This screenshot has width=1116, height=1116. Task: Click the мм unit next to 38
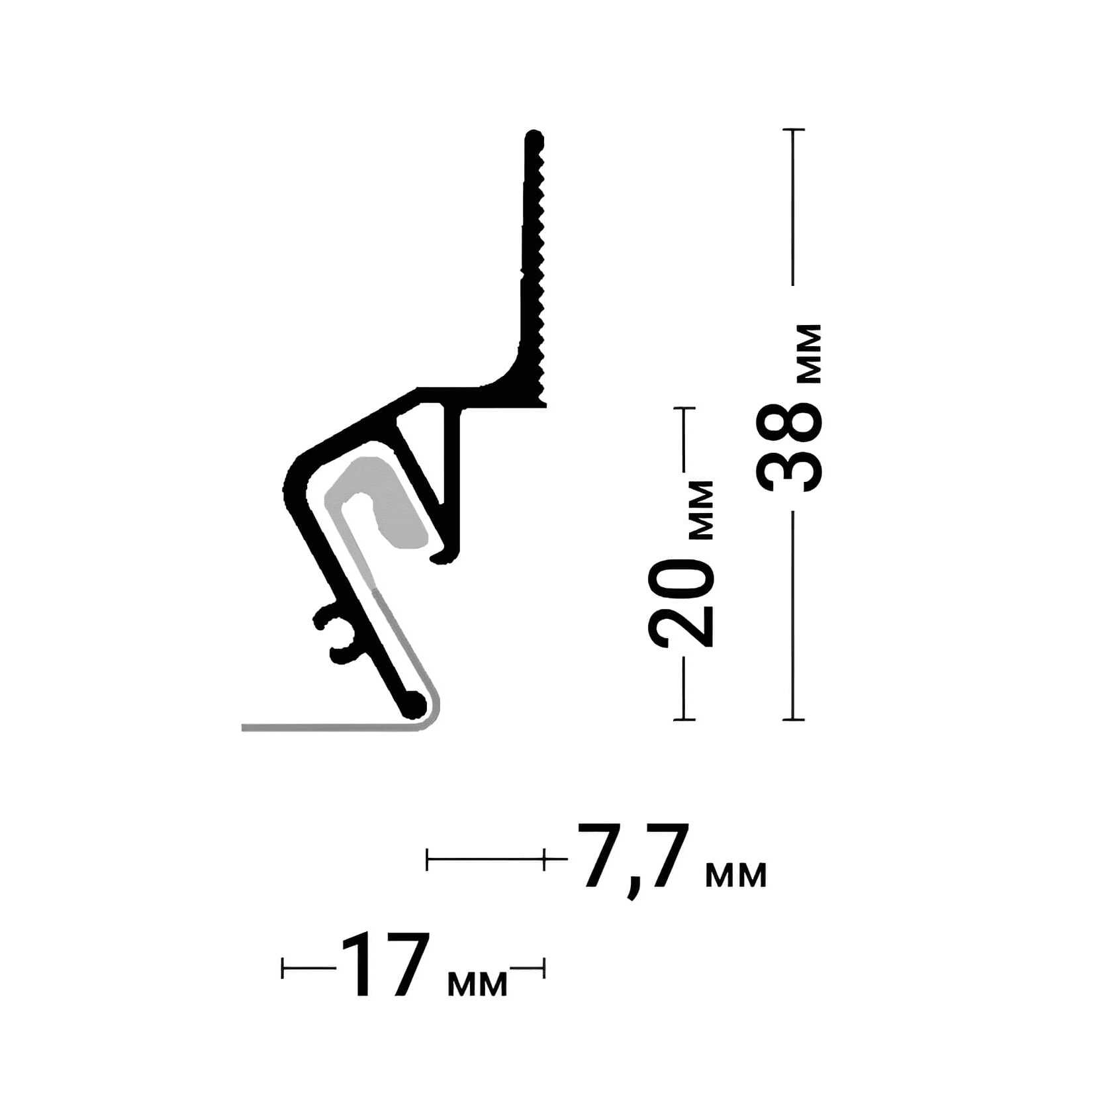tap(810, 353)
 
